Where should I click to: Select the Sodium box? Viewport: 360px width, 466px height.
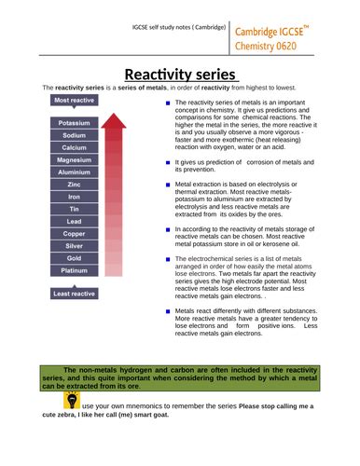point(75,135)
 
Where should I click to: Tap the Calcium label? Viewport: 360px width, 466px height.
point(75,147)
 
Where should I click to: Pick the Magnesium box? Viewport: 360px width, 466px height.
point(75,160)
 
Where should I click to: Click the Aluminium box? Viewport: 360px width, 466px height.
point(75,172)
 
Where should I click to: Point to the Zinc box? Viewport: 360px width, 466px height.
point(75,185)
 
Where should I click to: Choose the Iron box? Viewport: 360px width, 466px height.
point(75,197)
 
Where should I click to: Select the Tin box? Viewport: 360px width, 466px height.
point(75,209)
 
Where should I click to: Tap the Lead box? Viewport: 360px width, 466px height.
point(75,221)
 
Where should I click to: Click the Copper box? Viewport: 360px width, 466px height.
point(75,233)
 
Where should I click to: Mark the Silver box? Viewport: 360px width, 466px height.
point(75,245)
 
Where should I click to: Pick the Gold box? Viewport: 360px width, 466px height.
point(75,257)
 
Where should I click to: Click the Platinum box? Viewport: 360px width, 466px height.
point(75,270)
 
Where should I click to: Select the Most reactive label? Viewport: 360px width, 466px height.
point(74,100)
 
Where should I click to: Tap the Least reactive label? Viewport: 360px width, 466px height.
point(74,294)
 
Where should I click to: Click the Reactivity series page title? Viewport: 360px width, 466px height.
point(180,75)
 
